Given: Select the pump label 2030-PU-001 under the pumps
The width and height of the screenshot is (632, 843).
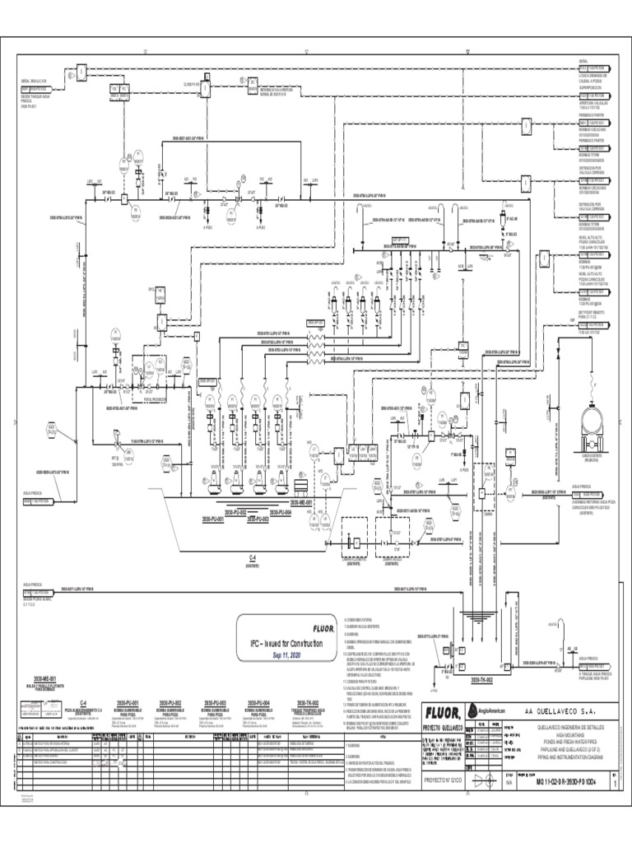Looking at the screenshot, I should click(213, 520).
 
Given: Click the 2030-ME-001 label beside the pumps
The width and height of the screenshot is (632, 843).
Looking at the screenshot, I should click(303, 501).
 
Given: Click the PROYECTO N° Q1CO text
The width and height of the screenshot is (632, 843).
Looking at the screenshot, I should click(443, 775).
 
